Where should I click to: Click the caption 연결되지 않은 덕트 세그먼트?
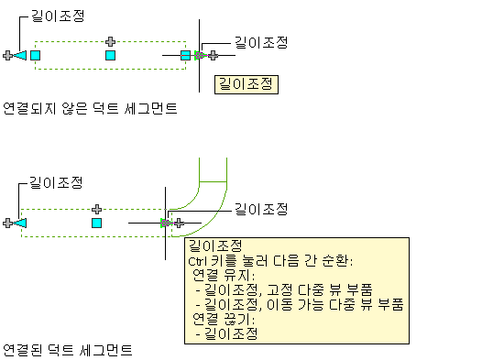(90, 108)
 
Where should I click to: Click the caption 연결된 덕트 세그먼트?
(67, 350)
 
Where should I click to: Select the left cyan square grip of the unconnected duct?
(35, 55)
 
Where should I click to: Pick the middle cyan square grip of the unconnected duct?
(110, 55)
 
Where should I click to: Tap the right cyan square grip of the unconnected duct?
(185, 55)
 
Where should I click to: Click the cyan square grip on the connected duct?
(97, 224)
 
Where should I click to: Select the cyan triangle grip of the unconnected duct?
(20, 55)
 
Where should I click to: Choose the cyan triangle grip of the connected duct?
(20, 224)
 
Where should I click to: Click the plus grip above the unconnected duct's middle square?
(110, 41)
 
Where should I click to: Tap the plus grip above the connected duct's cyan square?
(97, 209)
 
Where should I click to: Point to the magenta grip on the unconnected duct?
(199, 56)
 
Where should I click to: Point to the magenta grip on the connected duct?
(165, 224)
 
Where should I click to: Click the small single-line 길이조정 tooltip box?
(246, 84)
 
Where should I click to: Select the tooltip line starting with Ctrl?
(270, 261)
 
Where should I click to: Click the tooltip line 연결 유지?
(224, 276)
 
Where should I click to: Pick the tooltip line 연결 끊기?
(224, 319)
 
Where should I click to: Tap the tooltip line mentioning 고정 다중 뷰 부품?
(284, 289)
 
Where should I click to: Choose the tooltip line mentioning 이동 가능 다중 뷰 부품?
(300, 304)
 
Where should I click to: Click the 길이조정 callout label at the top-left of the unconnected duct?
(58, 16)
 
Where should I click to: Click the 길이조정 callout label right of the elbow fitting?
(261, 209)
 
